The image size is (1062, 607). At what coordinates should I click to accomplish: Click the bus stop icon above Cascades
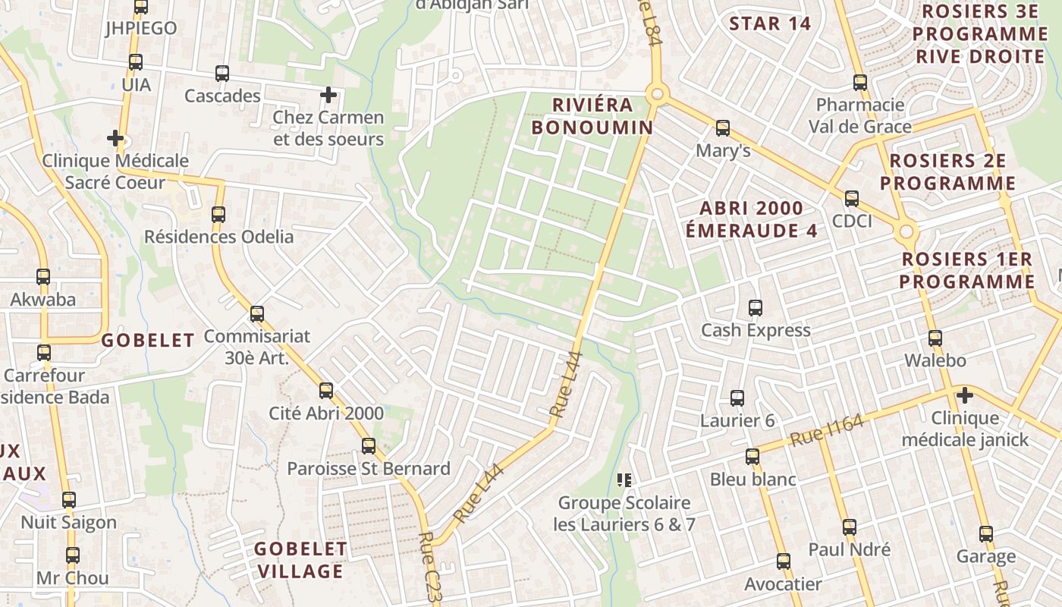click(x=222, y=74)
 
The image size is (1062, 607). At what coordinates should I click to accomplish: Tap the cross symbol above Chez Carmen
click(x=328, y=95)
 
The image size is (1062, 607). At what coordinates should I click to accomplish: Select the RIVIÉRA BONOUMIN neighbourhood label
click(x=592, y=116)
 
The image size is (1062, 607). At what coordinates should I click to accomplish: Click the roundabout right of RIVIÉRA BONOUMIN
click(x=657, y=95)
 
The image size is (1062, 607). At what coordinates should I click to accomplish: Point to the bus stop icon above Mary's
click(x=723, y=127)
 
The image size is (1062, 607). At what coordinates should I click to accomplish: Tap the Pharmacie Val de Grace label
click(x=859, y=115)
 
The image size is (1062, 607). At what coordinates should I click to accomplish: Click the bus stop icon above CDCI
click(x=852, y=199)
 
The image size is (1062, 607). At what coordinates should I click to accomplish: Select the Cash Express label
click(x=756, y=330)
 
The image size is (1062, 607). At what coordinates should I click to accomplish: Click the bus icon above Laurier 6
click(x=737, y=398)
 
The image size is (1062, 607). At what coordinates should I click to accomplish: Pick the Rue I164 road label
click(x=827, y=429)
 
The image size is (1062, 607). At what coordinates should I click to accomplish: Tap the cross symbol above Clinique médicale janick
click(x=964, y=395)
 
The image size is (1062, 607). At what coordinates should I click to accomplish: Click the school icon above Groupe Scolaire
click(x=624, y=480)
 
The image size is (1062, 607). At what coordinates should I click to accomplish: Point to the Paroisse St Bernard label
click(x=369, y=468)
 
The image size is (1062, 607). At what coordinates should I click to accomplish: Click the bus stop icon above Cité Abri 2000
click(x=326, y=391)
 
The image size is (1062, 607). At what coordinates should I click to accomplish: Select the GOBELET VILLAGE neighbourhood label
click(x=300, y=559)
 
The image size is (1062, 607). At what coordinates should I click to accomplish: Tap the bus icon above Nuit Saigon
click(x=69, y=500)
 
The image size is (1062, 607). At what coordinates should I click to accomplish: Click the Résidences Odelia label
click(x=218, y=237)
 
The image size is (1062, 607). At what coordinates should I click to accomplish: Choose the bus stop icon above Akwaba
click(x=43, y=277)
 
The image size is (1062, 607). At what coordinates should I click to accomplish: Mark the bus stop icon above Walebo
click(x=935, y=338)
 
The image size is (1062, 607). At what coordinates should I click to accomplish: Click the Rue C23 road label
click(x=429, y=568)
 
